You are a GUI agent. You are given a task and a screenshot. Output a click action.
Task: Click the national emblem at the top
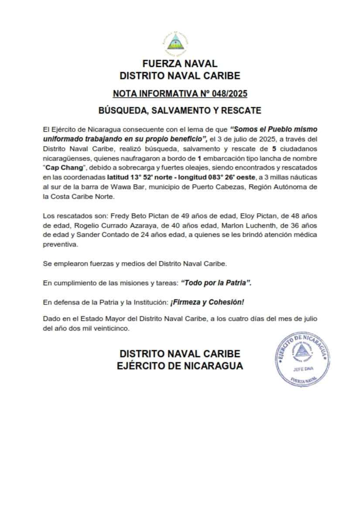tap(178, 43)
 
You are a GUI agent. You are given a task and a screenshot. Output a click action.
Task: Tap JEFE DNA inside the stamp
tap(301, 369)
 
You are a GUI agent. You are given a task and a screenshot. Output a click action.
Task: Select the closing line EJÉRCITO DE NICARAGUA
tap(180, 366)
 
